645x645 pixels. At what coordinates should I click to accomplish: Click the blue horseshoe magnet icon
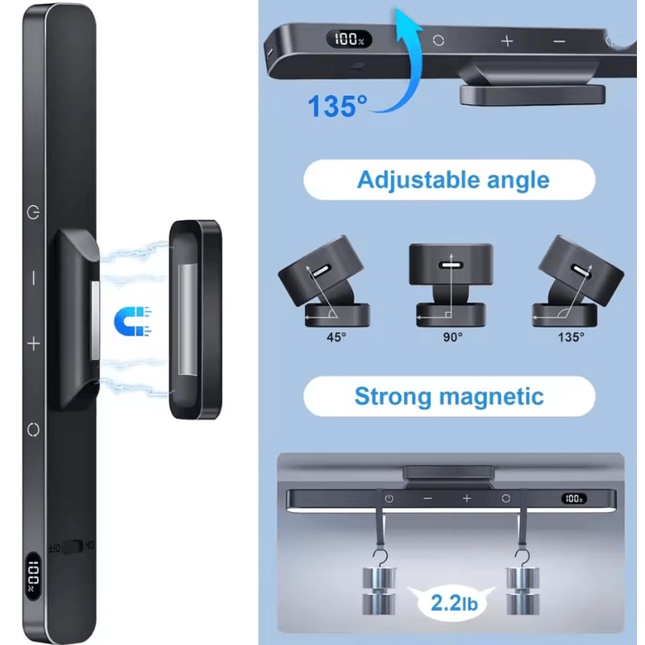(x=132, y=321)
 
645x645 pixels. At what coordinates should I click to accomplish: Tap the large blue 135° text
(x=337, y=106)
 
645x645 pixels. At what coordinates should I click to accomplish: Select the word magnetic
(x=491, y=396)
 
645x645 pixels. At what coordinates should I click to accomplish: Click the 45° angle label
(x=336, y=337)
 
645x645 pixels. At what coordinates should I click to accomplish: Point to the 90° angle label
(x=452, y=337)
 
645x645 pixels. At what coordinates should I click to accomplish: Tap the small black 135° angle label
(x=571, y=337)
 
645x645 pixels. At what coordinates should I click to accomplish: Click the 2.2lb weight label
(x=454, y=603)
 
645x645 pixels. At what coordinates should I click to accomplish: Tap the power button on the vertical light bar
(x=33, y=213)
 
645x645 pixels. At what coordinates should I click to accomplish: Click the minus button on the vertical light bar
(x=33, y=278)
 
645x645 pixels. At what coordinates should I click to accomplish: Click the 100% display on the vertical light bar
(x=33, y=576)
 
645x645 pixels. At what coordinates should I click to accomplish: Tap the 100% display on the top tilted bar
(x=349, y=40)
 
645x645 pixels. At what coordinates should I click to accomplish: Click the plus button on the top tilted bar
(x=507, y=41)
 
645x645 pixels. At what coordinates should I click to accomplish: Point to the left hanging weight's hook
(x=378, y=558)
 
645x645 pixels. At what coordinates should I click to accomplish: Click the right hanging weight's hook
(x=522, y=558)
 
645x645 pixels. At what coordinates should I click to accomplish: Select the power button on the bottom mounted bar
(x=389, y=499)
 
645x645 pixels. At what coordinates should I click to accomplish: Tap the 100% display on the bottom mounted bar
(x=574, y=498)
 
